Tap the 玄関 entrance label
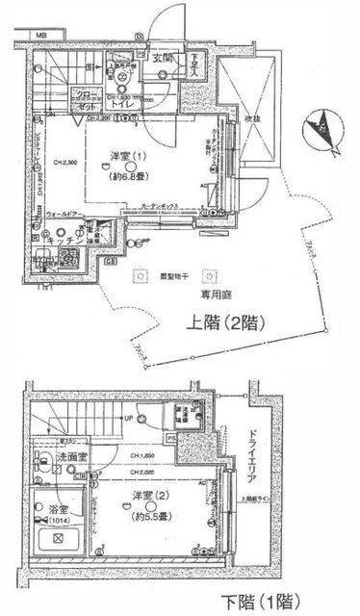coord(163,58)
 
